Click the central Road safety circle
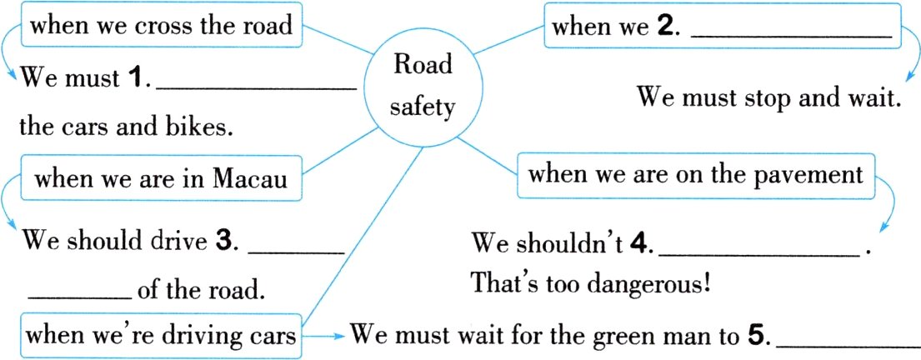click(423, 87)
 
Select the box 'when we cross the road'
click(162, 25)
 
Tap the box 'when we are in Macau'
click(162, 178)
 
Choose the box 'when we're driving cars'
click(162, 336)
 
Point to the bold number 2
click(664, 27)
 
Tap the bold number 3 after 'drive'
click(223, 242)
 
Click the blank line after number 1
click(258, 89)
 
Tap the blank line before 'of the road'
click(80, 297)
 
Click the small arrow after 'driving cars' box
click(323, 337)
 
